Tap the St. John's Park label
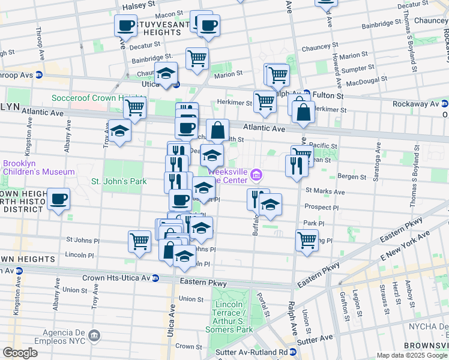click(118, 181)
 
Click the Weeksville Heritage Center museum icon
click(256, 175)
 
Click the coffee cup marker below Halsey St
click(126, 25)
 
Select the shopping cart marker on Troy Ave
click(135, 108)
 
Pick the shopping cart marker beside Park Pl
click(307, 239)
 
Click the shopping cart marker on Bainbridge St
click(197, 58)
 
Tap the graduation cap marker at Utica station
click(166, 73)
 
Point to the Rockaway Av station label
click(417, 104)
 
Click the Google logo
click(20, 353)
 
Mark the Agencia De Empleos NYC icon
click(94, 334)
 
